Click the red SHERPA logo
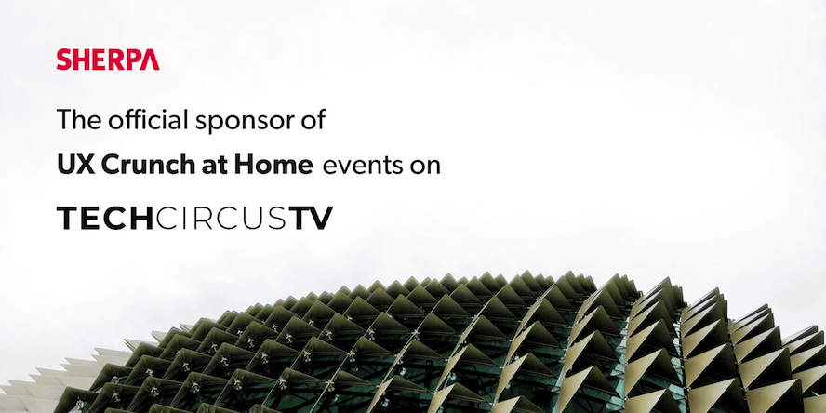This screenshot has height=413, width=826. [108, 60]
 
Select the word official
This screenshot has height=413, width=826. [148, 120]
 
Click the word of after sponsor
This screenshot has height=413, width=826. [313, 120]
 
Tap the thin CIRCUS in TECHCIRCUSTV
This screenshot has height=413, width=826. [221, 218]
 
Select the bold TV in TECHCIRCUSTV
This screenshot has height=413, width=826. [311, 218]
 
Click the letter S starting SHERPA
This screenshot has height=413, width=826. [64, 60]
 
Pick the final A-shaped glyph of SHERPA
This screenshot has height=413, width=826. [150, 60]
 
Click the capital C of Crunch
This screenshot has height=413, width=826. [110, 166]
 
